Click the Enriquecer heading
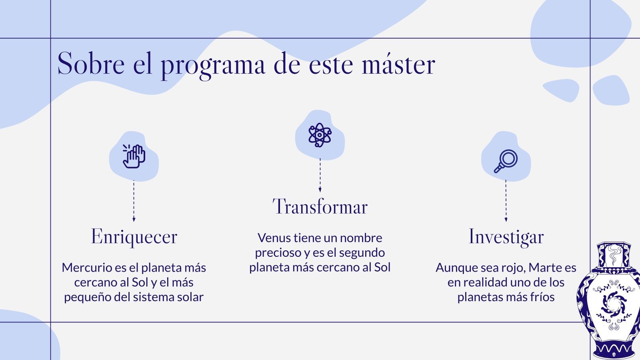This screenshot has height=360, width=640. coord(134,236)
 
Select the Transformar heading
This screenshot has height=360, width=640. coord(320,207)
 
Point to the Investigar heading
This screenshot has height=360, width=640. coord(506,236)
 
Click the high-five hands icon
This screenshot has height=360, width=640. coord(134,156)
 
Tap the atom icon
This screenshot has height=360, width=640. coord(320,135)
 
